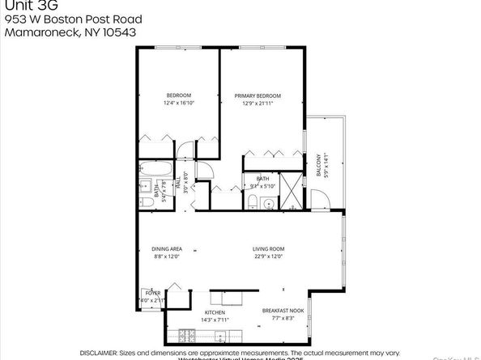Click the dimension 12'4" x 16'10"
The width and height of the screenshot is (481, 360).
coord(178,104)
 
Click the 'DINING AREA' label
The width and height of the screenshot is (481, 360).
coord(168,250)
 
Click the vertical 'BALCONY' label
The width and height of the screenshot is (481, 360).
coord(318,164)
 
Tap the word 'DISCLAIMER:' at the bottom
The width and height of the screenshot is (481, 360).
coord(100,354)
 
